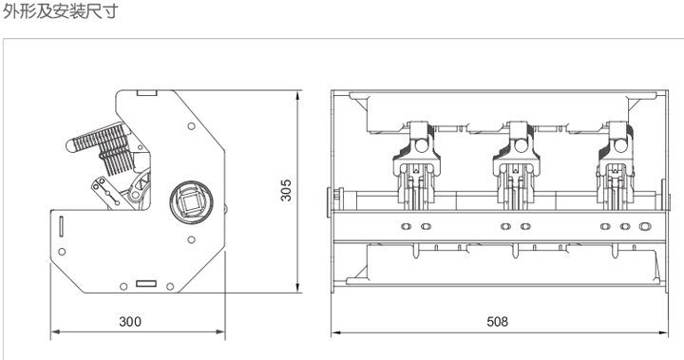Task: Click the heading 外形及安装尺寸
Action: pyautogui.click(x=61, y=10)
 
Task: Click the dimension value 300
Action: pyautogui.click(x=130, y=322)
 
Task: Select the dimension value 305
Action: pyautogui.click(x=286, y=190)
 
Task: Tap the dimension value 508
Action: pyautogui.click(x=497, y=322)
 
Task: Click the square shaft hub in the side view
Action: pyautogui.click(x=191, y=202)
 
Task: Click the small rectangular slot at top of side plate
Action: pyautogui.click(x=146, y=92)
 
